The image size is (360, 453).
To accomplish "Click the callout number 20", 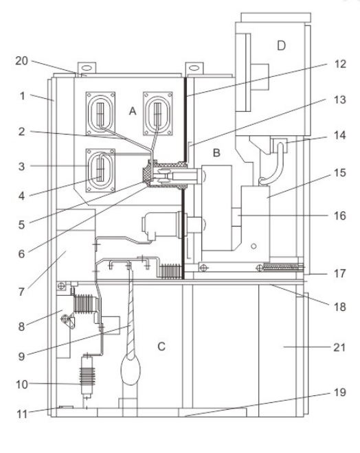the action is click(22, 61).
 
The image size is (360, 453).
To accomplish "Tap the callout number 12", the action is click(340, 64).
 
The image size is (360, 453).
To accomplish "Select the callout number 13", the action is click(340, 100).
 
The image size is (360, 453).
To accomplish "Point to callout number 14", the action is click(340, 135).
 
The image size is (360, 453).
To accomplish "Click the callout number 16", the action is click(340, 216).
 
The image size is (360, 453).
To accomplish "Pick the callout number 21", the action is click(340, 347).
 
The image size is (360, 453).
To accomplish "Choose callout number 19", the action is click(340, 393).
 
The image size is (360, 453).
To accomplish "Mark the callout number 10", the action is click(22, 384).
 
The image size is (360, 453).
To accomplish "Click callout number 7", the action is click(22, 292).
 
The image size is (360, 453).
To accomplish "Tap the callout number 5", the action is click(22, 224).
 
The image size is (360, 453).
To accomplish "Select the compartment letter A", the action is click(133, 111).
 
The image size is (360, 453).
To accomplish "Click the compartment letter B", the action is click(216, 152).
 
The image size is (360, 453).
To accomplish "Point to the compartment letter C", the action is click(161, 346).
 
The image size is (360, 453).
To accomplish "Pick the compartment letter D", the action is click(282, 46).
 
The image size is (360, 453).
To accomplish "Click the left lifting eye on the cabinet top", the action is click(87, 69).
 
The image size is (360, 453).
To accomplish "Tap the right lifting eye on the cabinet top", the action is click(194, 68).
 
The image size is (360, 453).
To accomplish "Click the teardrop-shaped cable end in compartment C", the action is click(131, 371).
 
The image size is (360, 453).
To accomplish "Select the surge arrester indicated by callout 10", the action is click(87, 375).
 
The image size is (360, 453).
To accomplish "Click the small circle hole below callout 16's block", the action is click(254, 246).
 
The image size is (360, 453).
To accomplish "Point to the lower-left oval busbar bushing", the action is click(100, 170).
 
